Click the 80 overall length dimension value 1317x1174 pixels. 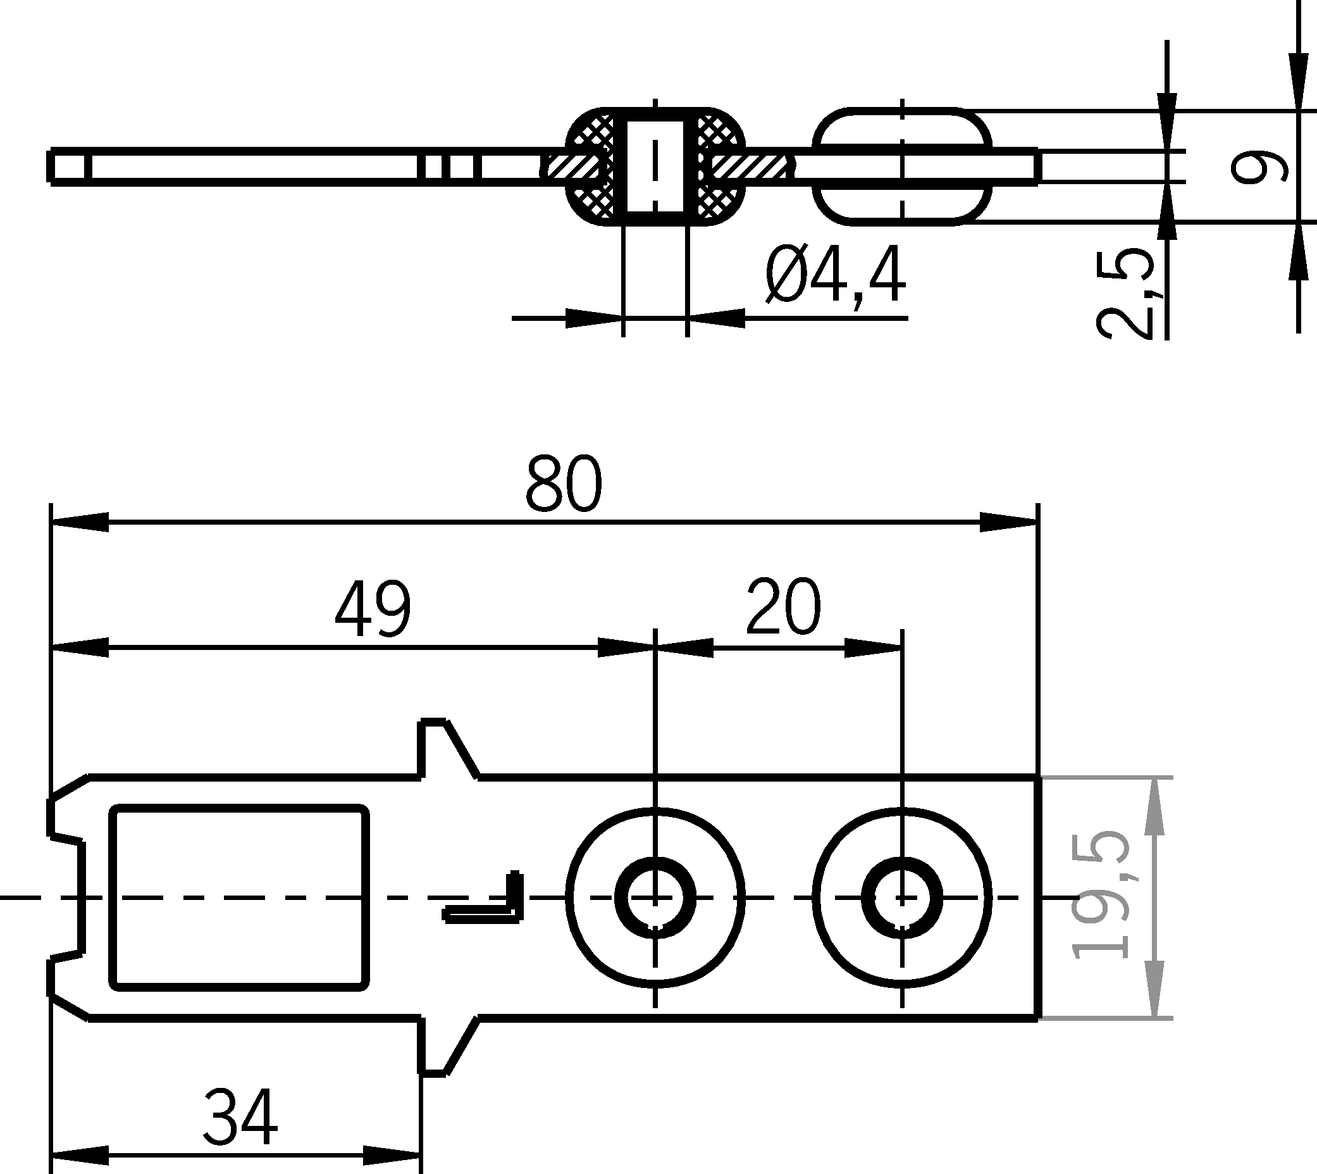564,483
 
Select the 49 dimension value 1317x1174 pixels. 373,608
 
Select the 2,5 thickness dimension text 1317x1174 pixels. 1125,294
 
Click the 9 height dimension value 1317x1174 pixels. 1258,166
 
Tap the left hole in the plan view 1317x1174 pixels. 655,897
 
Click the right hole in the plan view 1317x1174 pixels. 902,897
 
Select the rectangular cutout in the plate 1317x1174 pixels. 239,897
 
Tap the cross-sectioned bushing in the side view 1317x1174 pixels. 655,166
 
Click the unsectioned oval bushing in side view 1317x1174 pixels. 902,166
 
